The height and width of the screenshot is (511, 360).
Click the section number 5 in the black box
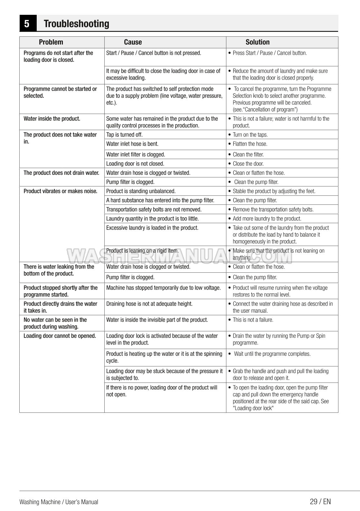27,24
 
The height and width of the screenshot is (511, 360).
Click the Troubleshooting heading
76,24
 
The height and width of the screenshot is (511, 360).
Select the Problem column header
51,42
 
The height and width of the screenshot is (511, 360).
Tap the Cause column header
133,42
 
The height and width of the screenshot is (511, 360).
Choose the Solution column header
257,42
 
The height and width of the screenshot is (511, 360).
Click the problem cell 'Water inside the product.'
52,119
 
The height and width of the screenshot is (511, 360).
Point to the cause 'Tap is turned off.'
124,135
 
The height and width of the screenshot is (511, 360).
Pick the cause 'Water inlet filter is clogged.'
136,155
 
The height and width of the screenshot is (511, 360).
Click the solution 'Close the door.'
248,164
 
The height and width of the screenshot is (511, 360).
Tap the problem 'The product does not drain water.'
61,173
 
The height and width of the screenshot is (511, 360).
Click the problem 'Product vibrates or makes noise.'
60,191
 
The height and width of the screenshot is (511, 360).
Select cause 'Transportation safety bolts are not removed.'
154,210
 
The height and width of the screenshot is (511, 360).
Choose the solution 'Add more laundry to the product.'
267,219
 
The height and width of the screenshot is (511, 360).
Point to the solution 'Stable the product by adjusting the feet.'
274,191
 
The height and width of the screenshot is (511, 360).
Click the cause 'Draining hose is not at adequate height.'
149,304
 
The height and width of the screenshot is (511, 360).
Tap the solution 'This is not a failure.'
253,320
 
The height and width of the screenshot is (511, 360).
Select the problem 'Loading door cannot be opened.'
60,336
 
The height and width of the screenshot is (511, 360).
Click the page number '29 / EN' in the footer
320,501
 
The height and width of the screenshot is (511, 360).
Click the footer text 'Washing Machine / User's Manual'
59,502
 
